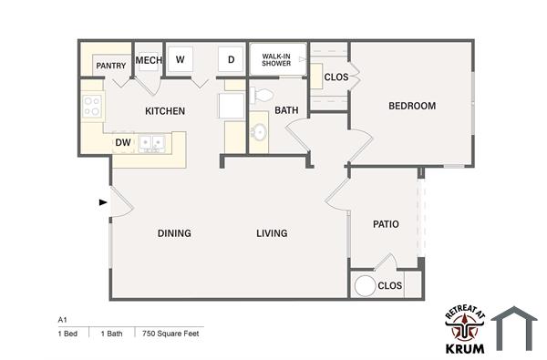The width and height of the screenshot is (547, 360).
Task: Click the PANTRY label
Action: pos(110,66)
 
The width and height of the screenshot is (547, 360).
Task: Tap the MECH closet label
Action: pos(148,61)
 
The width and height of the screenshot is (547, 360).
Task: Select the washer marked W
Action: pos(181,60)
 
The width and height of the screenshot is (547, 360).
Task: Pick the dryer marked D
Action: pos(232,60)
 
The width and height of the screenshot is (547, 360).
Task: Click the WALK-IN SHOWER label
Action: pos(276,60)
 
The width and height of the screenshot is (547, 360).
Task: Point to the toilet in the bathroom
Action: pos(261,94)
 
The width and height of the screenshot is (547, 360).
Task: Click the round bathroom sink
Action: pos(259,132)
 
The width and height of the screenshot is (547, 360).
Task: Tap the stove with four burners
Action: pos(92,107)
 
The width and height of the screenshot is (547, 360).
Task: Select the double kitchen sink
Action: pos(151,143)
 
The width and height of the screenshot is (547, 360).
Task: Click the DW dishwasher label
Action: pos(122,143)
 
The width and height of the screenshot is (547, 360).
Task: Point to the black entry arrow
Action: pos(103,202)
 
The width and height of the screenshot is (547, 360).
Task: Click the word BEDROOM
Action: pos(412,106)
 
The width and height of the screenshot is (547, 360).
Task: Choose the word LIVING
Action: pos(272,233)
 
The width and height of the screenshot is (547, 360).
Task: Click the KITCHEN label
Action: pos(165,111)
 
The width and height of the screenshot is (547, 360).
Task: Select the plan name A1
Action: pos(63,320)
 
